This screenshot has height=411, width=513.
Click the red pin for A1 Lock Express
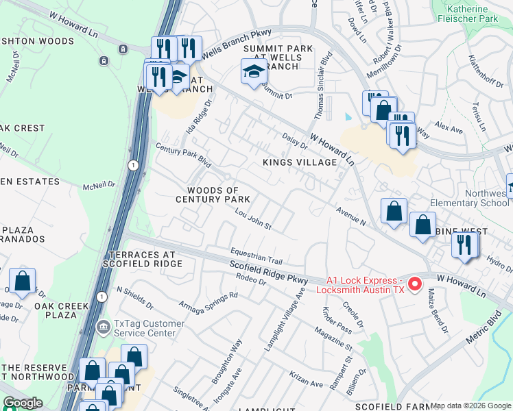[x=415, y=283]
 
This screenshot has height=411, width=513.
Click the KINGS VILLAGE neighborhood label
[x=300, y=162]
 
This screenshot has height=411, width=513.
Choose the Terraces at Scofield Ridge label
[x=140, y=258]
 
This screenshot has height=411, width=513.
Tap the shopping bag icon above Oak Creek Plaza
[x=22, y=280]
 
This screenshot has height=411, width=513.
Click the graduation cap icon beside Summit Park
[x=253, y=71]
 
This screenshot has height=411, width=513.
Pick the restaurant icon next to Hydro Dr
[x=464, y=245]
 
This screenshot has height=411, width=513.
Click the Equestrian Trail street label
[x=256, y=256]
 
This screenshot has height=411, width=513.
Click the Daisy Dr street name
[x=294, y=140]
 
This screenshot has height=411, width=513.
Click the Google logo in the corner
[x=22, y=403]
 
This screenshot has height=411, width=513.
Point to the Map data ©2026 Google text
[x=470, y=406]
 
